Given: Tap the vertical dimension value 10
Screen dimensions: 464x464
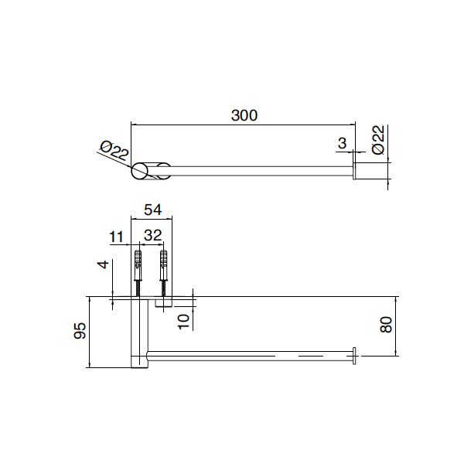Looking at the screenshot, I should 183,320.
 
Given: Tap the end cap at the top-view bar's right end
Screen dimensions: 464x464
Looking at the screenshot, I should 355,172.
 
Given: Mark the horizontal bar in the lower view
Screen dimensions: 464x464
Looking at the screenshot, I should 247,356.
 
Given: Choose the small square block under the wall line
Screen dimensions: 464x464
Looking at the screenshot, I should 163,304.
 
